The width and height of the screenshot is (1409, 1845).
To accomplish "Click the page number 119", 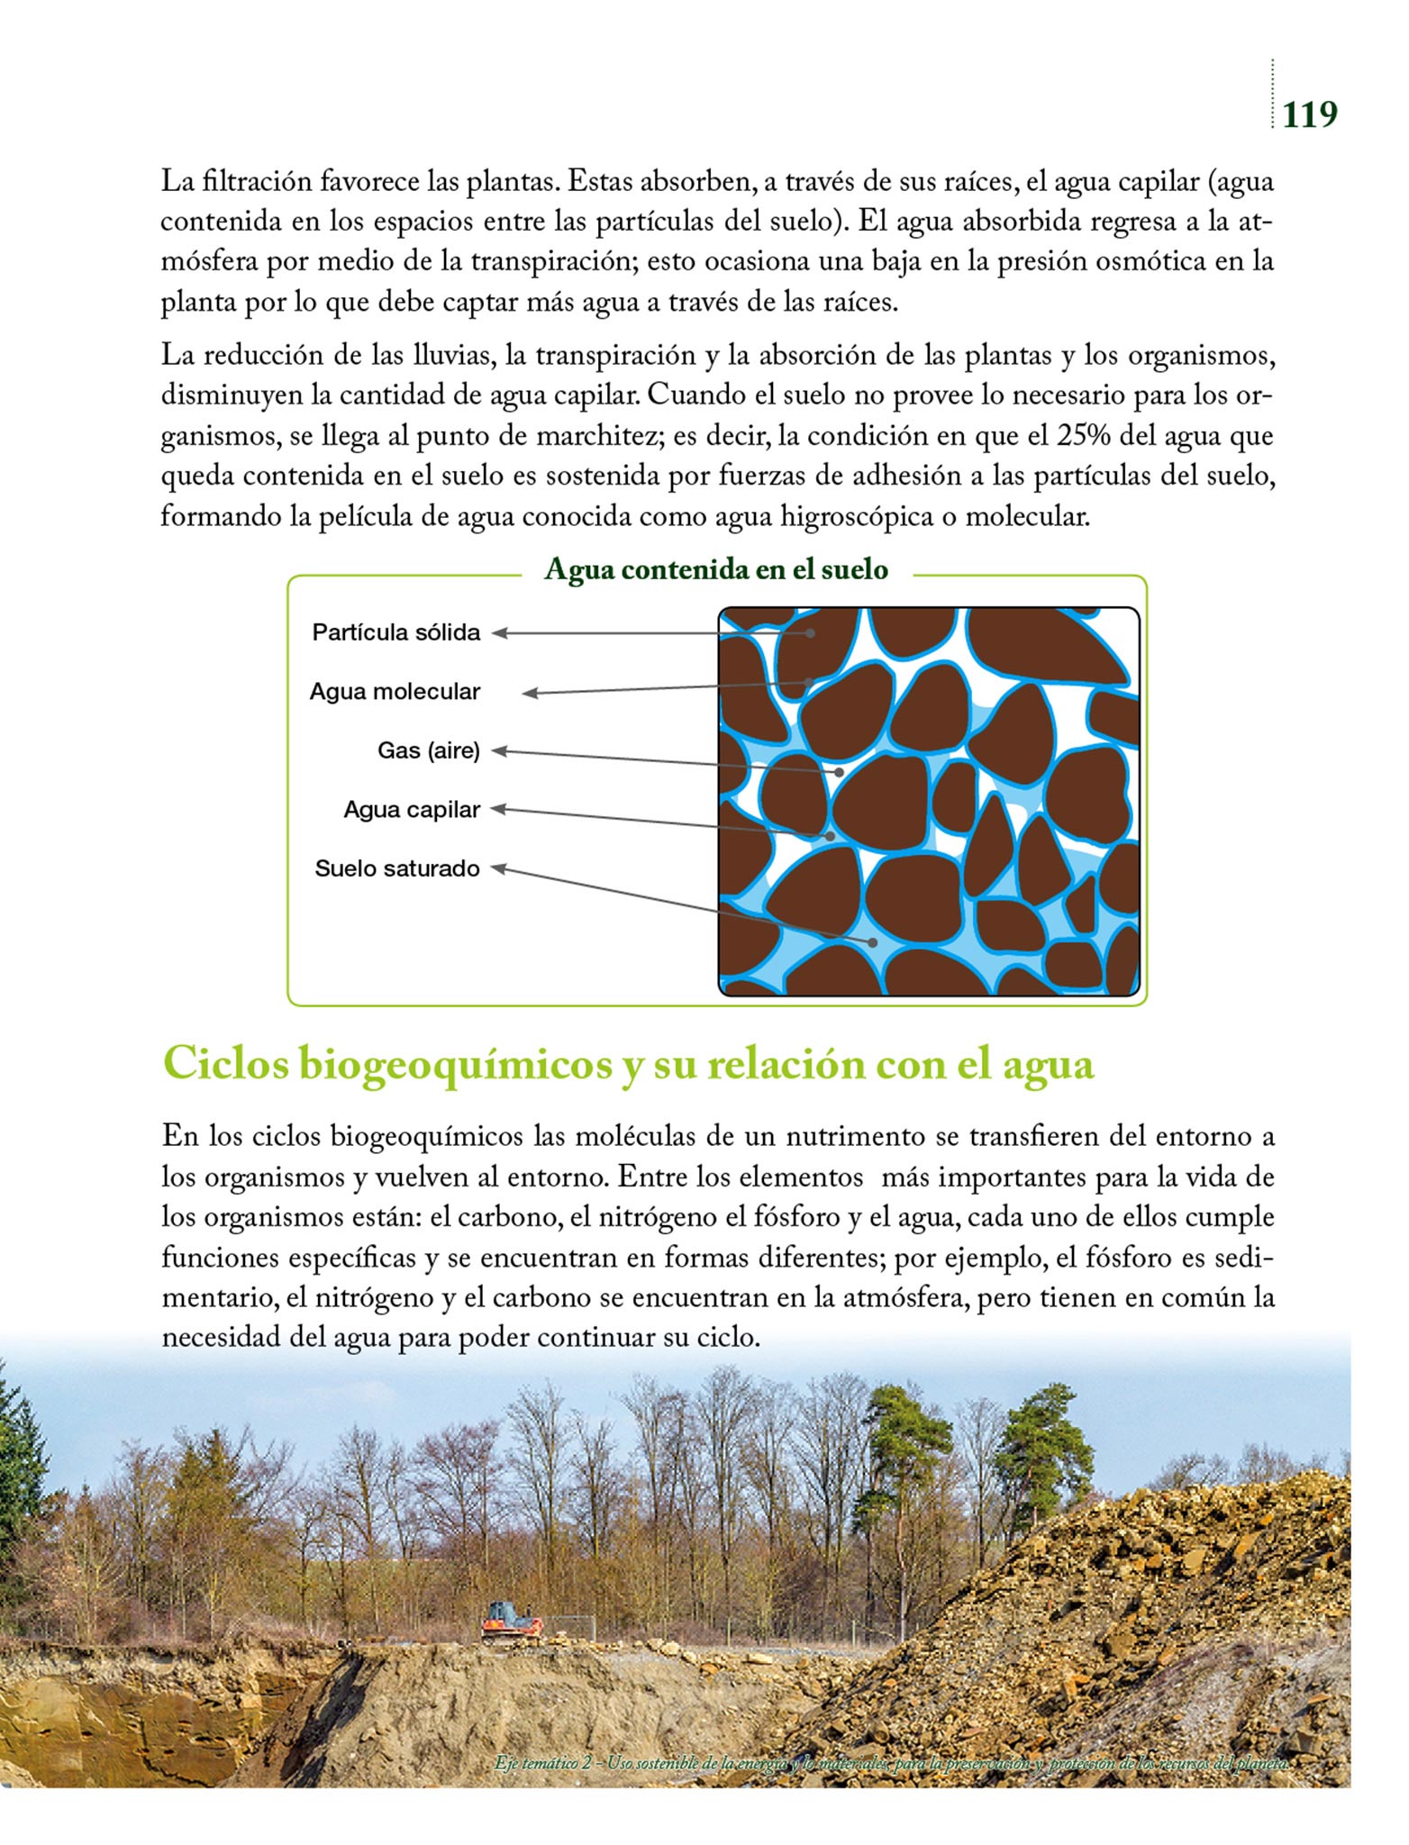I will coord(1309,114).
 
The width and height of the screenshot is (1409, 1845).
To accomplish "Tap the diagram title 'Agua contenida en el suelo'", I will coord(716,569).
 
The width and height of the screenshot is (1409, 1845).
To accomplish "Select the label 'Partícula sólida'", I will coord(396,632).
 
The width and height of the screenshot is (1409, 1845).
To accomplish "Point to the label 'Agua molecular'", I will coord(395,692).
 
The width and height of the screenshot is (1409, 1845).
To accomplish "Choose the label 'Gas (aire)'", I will coord(429,750).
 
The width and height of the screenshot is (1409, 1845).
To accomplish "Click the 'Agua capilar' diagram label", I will coord(412,810).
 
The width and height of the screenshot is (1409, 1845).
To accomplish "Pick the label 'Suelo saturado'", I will coord(397,869).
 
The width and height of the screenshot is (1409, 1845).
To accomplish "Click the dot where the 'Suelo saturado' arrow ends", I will coord(873,942).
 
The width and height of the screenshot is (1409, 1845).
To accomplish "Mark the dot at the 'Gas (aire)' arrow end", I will coord(839,772).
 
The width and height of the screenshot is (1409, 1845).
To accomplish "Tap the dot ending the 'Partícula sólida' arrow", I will coord(811,633).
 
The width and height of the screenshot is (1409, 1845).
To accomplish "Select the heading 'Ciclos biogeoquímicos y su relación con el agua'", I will coord(628,1064).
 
